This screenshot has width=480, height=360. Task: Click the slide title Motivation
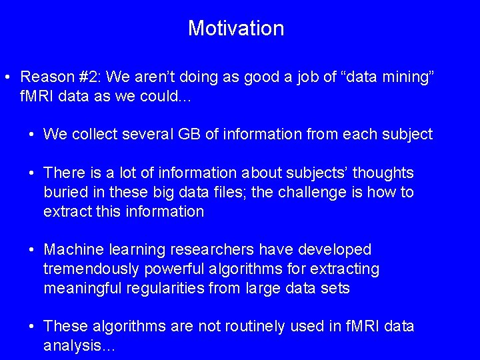click(x=236, y=28)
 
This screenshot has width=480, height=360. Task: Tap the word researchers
click(x=212, y=250)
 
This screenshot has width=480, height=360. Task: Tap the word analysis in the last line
click(x=70, y=346)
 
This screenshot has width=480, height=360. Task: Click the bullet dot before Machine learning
click(x=32, y=250)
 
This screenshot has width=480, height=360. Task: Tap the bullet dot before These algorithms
click(x=32, y=327)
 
